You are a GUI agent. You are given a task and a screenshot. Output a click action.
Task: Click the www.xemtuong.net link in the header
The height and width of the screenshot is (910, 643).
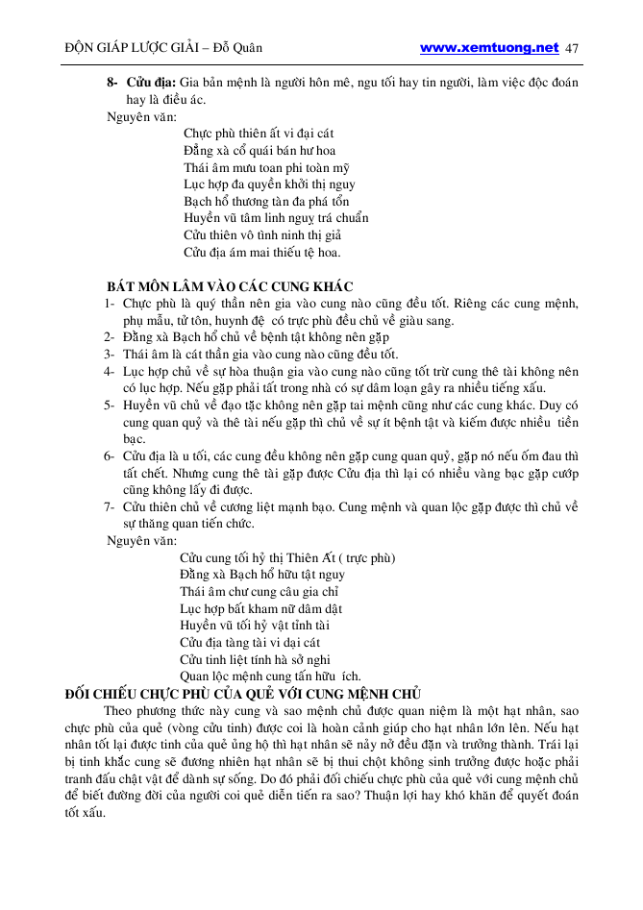pyautogui.click(x=489, y=47)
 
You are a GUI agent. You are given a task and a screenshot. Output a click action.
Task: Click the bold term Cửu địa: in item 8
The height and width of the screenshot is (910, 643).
pyautogui.click(x=149, y=84)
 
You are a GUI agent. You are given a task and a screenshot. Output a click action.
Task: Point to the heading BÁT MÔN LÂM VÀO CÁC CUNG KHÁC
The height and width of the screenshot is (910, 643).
pyautogui.click(x=230, y=286)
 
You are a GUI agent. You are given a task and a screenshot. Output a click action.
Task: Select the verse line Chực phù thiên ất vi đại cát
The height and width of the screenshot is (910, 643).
pyautogui.click(x=259, y=133)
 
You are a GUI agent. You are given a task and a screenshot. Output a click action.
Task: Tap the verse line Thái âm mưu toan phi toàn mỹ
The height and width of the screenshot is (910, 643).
pyautogui.click(x=266, y=167)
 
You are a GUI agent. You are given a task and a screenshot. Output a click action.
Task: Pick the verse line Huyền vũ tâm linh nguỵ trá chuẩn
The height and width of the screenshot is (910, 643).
pyautogui.click(x=276, y=218)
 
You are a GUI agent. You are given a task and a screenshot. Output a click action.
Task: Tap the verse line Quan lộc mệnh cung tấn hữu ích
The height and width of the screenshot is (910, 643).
pyautogui.click(x=270, y=676)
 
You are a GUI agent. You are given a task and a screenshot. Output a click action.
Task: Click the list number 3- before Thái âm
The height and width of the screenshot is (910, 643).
pyautogui.click(x=111, y=355)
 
